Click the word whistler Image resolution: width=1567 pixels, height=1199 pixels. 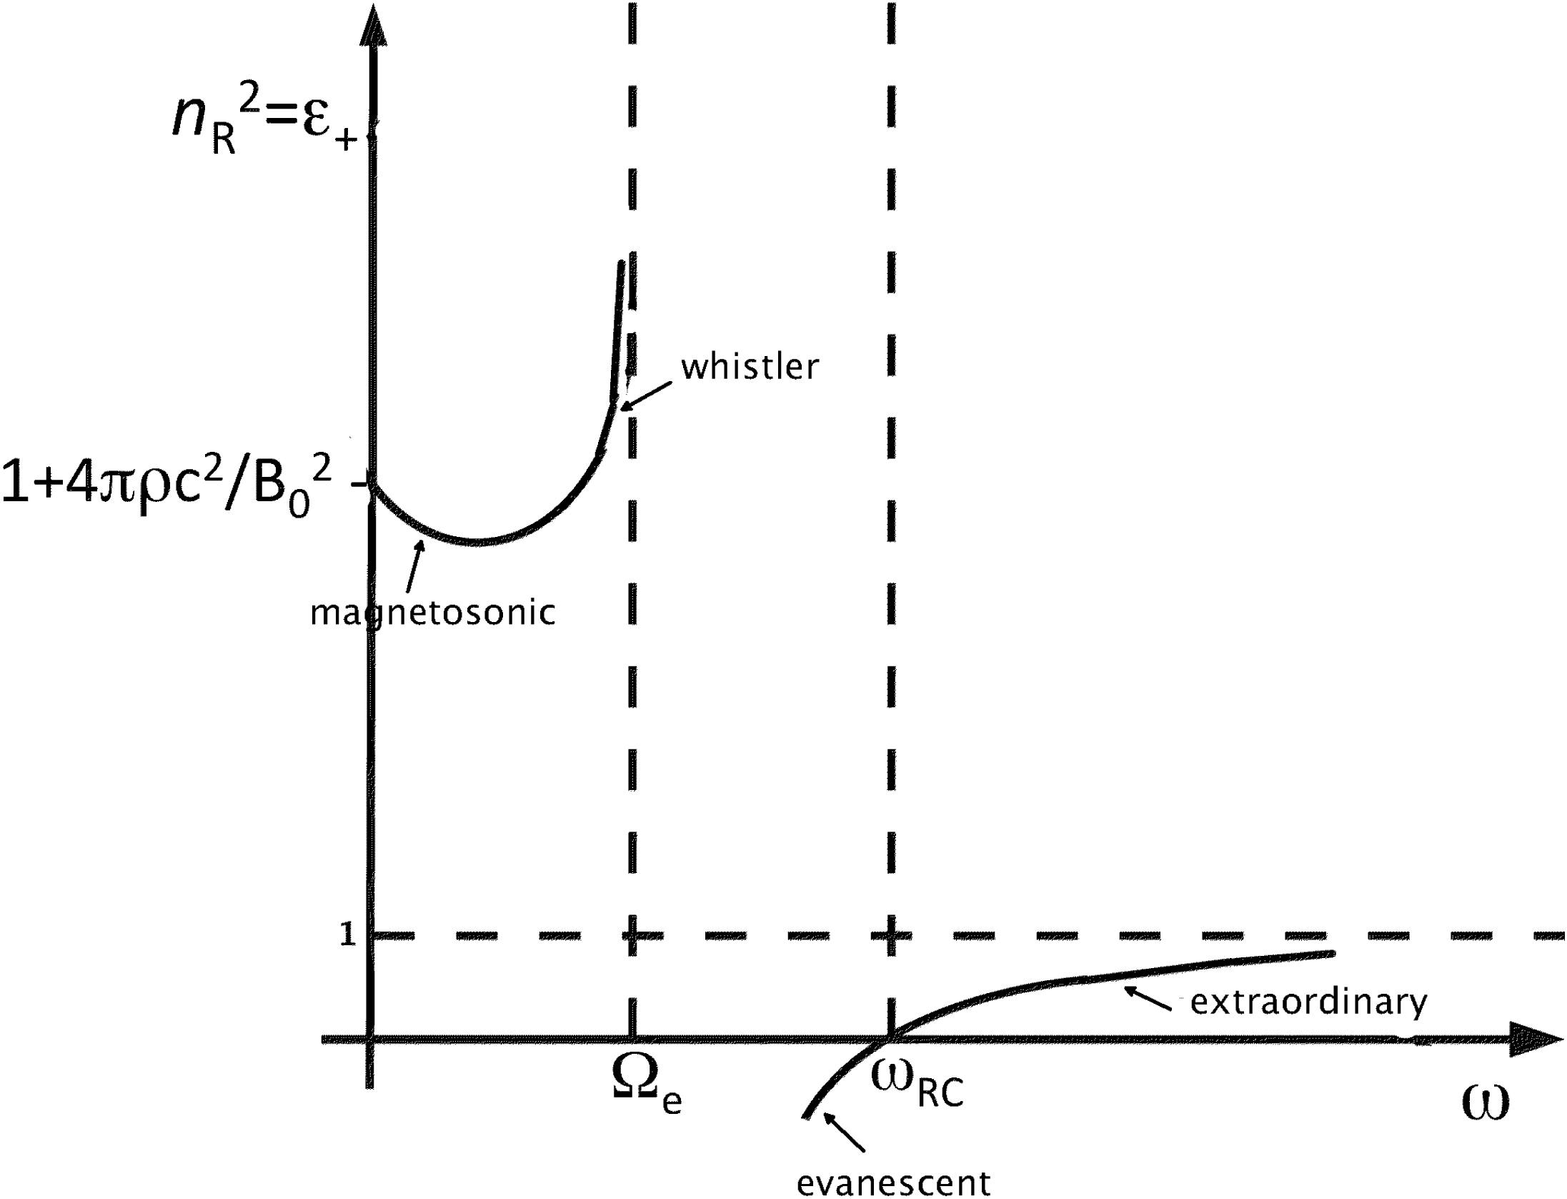(x=750, y=367)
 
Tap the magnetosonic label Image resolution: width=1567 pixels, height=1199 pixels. (x=432, y=613)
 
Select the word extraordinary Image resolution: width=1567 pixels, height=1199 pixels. (x=1308, y=1002)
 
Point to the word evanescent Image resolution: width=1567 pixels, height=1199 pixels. (x=893, y=1183)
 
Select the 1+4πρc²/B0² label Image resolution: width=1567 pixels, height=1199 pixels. (x=167, y=485)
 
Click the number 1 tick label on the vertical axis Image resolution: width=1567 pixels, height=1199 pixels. (x=347, y=934)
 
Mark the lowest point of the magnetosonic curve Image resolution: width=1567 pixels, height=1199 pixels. (x=475, y=543)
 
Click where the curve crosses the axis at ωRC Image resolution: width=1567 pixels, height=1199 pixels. (x=890, y=1039)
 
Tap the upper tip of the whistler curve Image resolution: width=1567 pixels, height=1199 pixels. (x=622, y=263)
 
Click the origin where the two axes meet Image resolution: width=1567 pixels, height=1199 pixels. (x=370, y=1039)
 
